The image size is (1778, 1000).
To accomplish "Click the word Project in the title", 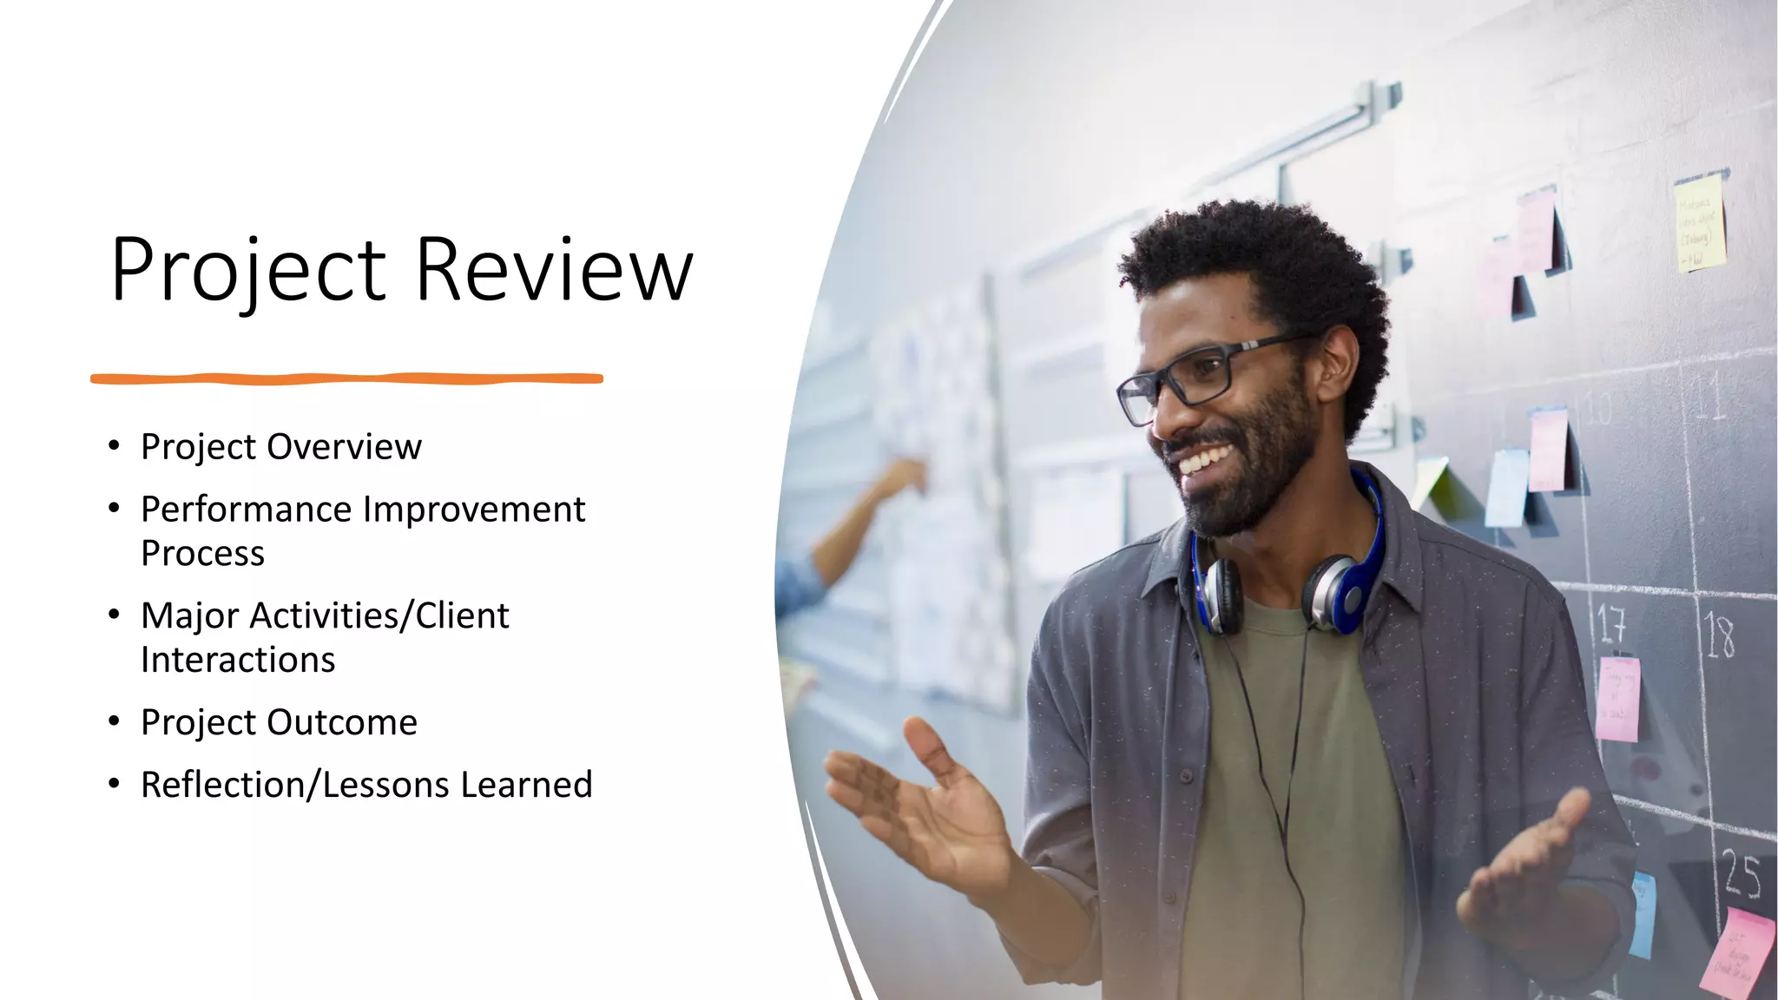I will [x=248, y=271].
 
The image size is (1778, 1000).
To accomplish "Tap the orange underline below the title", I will [x=346, y=378].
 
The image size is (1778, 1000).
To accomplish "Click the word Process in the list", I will [x=202, y=554].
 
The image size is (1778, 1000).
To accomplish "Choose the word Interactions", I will [x=238, y=661].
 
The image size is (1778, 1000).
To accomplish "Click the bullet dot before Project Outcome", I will [x=114, y=721].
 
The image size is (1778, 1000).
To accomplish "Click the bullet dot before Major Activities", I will [x=114, y=615].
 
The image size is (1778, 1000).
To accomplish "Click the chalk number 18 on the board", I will [x=1719, y=636].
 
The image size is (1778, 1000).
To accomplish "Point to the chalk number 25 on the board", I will [x=1742, y=875].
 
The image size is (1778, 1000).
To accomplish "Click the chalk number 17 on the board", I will [x=1611, y=623].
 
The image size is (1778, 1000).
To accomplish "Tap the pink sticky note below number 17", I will [x=1617, y=699].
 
